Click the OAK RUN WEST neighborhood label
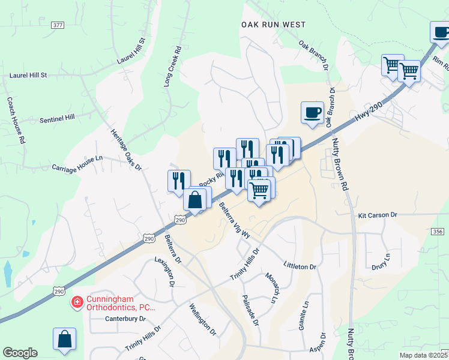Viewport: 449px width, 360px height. point(273,25)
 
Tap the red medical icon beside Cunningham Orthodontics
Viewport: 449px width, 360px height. point(77,302)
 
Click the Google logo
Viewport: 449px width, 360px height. point(20,353)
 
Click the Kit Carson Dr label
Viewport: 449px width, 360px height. point(378,214)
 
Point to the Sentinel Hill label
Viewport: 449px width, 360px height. point(57,119)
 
